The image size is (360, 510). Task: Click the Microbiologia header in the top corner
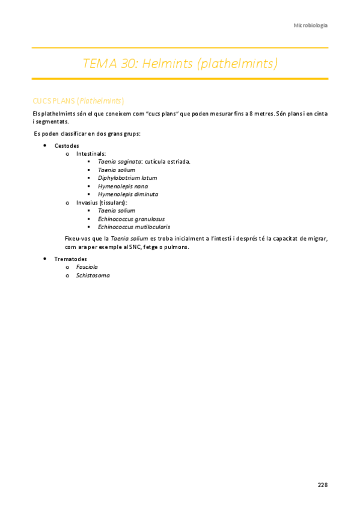point(310,25)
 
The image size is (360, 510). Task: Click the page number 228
point(323,484)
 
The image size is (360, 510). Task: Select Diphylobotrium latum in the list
point(127,178)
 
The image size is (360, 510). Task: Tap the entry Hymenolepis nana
point(123,186)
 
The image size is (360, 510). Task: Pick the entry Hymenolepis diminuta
point(128,194)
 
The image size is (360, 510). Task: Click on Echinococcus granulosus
point(131,219)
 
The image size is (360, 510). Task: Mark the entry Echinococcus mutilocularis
point(133,227)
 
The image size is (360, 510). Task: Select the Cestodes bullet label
point(67,146)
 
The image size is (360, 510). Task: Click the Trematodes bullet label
point(70,259)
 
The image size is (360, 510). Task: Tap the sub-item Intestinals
point(91,154)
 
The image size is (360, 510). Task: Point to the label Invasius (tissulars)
point(101,203)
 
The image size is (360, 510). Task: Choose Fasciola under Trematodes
point(87,267)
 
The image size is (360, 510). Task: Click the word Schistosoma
point(93,275)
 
